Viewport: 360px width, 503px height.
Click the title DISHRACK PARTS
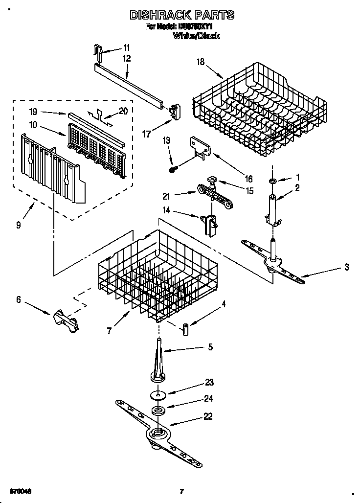(181, 15)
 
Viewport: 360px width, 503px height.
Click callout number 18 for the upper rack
(200, 62)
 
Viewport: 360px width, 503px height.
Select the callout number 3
(346, 267)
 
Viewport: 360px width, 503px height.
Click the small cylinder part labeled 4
(186, 329)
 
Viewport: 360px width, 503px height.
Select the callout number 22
(208, 417)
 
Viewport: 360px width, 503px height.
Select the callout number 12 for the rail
(127, 58)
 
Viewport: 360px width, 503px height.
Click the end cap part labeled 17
(173, 111)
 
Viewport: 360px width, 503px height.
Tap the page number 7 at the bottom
(181, 491)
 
